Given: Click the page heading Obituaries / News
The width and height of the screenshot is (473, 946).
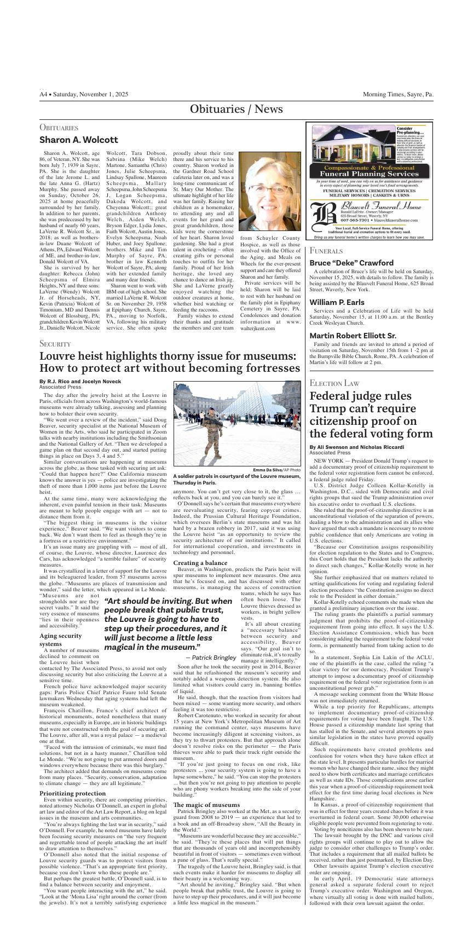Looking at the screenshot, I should [236, 109].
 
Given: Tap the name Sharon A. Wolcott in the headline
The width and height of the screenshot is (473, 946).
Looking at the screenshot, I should [78, 140].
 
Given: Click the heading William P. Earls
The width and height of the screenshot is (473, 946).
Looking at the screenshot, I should [337, 302].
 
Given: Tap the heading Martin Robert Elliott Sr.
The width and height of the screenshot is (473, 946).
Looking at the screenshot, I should [353, 336].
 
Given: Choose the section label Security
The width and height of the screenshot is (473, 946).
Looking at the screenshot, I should [55, 344].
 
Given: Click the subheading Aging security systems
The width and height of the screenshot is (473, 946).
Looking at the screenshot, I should [61, 639].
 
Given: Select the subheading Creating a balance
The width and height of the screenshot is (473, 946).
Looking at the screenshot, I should [200, 563].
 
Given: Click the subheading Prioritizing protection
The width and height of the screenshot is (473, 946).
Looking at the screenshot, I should [73, 793].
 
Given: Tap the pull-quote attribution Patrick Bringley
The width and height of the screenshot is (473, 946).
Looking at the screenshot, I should [211, 657].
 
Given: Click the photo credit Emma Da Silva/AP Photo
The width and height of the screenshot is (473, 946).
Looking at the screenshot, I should [276, 470].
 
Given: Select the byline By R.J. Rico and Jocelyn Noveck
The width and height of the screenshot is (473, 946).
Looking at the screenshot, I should [80, 381].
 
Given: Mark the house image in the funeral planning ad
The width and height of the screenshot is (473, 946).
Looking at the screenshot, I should [350, 144].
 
